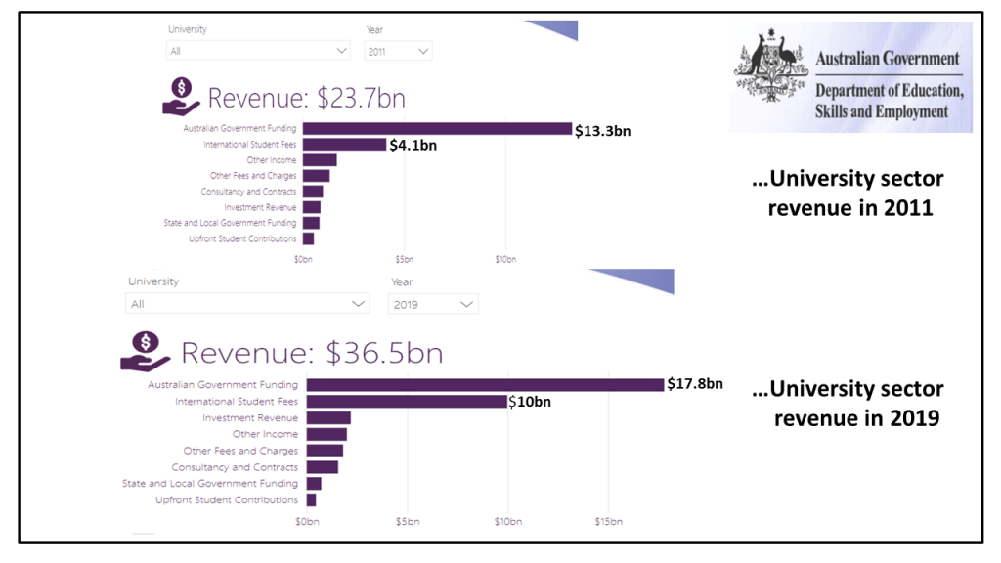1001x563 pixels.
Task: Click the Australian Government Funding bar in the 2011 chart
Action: [437, 128]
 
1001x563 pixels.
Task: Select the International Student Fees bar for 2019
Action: [407, 402]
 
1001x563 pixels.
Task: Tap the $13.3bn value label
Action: [603, 130]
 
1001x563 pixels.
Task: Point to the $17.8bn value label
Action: [695, 384]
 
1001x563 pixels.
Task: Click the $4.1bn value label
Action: [413, 146]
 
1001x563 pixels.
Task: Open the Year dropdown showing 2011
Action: [398, 51]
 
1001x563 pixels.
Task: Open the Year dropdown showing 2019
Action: [433, 305]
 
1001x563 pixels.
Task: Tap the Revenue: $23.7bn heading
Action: [306, 98]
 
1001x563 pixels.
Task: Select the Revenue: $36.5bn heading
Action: [312, 353]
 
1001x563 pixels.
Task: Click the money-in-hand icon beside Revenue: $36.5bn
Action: [146, 351]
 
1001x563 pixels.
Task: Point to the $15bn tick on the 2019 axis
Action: [608, 522]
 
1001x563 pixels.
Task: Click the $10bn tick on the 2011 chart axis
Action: [505, 259]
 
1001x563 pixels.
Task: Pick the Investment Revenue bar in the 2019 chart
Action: [328, 418]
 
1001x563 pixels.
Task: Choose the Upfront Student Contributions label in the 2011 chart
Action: [243, 238]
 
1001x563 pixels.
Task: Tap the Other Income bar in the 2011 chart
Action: [320, 160]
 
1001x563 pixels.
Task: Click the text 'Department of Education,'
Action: [890, 90]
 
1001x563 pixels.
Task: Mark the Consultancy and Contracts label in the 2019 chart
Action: [235, 467]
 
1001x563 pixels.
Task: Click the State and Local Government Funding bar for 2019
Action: [314, 484]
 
